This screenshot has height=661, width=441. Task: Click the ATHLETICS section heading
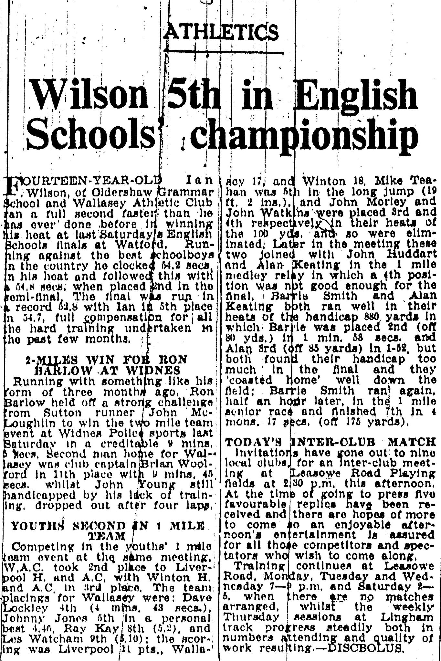pos(221,32)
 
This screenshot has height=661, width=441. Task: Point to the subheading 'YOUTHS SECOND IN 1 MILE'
pos(108,526)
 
